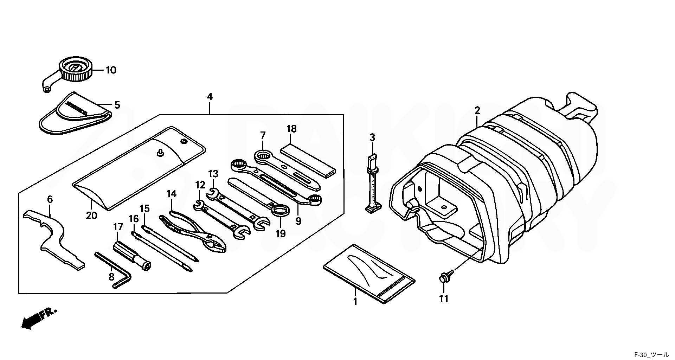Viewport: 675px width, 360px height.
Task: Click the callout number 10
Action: [111, 70]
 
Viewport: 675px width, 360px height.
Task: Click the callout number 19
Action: [281, 234]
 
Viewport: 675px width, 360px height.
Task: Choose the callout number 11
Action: [444, 299]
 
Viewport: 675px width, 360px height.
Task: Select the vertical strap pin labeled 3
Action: [372, 185]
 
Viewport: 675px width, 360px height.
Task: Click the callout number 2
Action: [477, 110]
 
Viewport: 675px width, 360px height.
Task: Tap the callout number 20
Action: [91, 215]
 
